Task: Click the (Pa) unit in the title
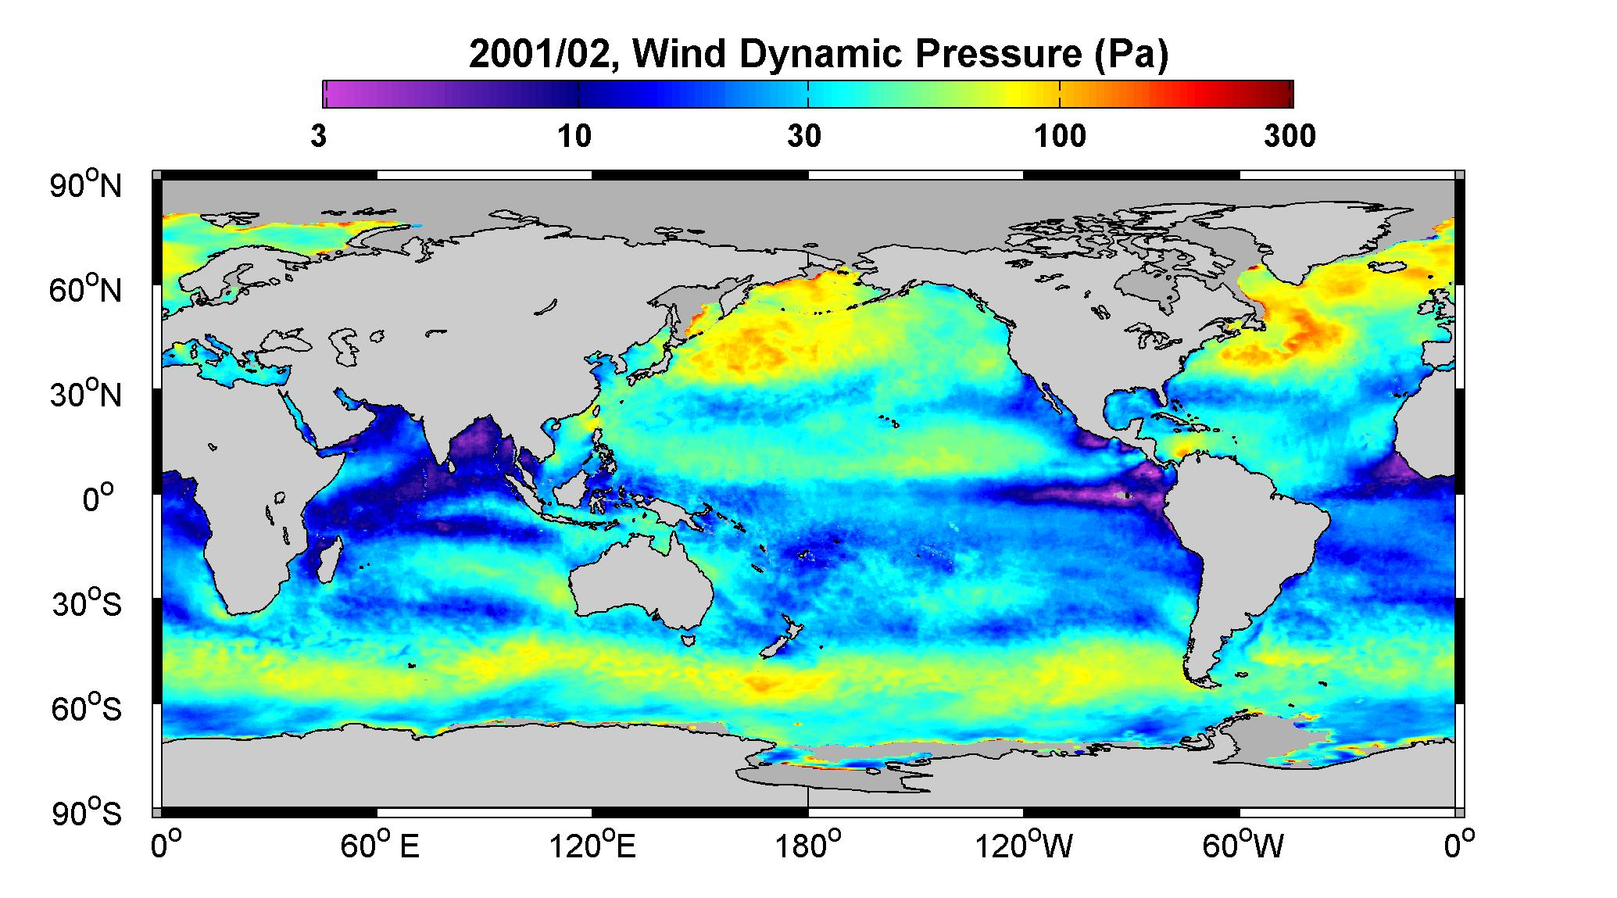tap(1131, 56)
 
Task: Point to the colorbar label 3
tap(318, 137)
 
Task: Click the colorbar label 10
tap(574, 137)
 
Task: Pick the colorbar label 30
tap(804, 137)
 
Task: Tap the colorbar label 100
tap(1061, 137)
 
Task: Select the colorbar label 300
tap(1290, 137)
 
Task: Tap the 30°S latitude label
tap(87, 604)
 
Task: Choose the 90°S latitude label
tap(87, 814)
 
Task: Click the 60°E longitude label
tap(380, 846)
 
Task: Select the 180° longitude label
tap(807, 846)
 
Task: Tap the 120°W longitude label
tap(1024, 846)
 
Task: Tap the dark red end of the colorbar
tap(1282, 94)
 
